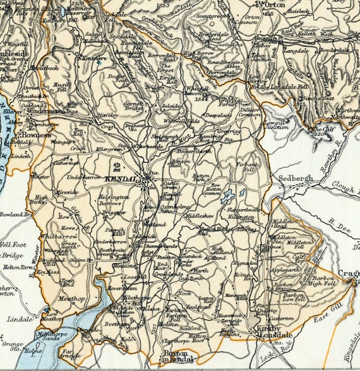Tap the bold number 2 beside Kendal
click(x=116, y=167)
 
